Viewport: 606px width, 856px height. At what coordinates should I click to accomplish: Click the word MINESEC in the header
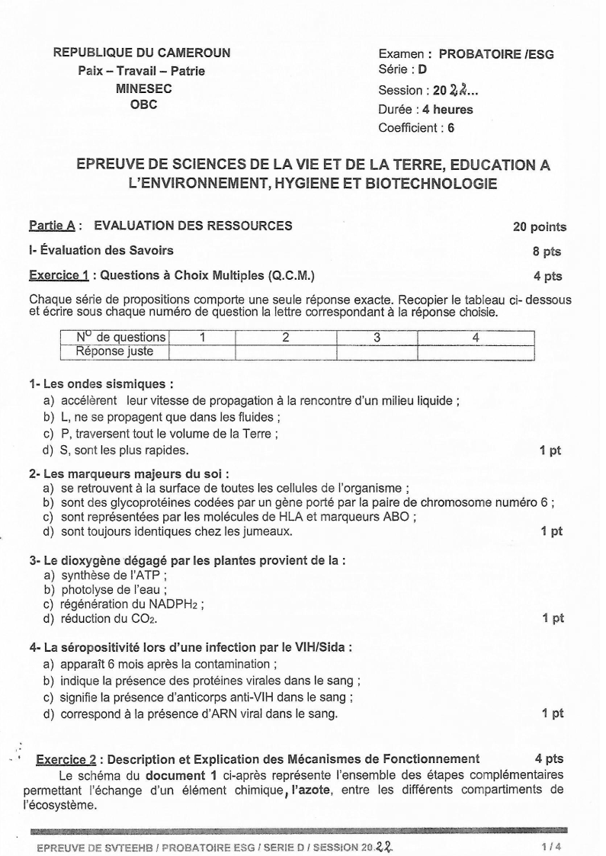(x=143, y=88)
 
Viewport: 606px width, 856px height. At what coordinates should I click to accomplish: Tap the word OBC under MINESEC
(x=143, y=105)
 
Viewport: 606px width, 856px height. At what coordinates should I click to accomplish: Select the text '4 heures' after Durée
(x=447, y=110)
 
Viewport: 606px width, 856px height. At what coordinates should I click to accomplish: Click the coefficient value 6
(x=451, y=127)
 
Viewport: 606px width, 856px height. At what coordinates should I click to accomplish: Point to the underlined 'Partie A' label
(x=52, y=226)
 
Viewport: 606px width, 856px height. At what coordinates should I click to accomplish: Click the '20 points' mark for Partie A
(x=540, y=226)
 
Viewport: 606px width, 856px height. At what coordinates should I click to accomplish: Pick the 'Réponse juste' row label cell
(x=115, y=351)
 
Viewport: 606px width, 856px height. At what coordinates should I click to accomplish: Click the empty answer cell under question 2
(x=285, y=351)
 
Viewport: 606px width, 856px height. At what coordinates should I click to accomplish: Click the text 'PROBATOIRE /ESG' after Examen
(x=496, y=55)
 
